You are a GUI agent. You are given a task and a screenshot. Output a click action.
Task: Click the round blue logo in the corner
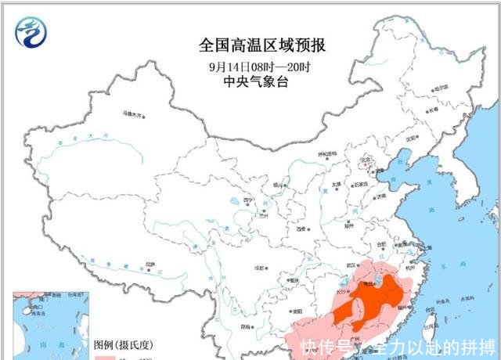(x=32, y=32)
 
